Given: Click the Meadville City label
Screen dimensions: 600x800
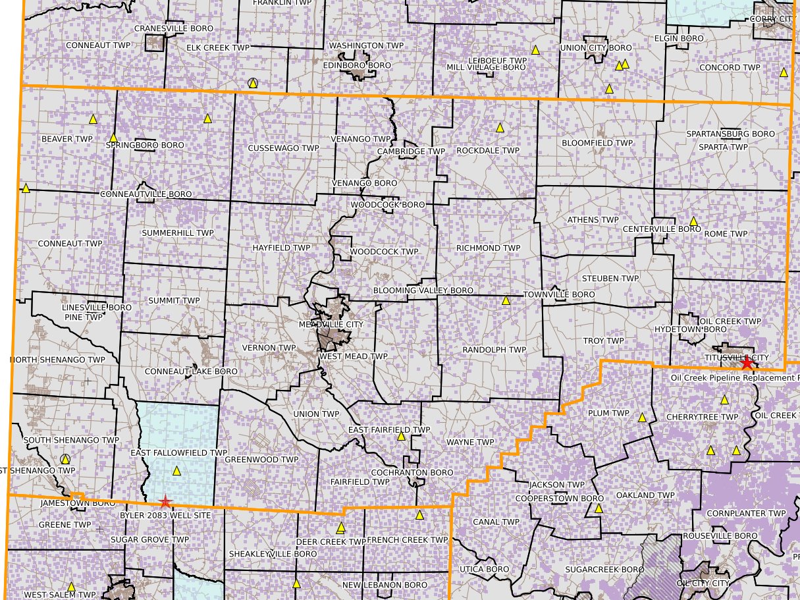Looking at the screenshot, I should (331, 325).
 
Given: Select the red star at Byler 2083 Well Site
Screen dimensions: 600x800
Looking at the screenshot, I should (165, 502).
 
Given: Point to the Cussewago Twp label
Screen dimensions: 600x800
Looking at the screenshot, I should (283, 148).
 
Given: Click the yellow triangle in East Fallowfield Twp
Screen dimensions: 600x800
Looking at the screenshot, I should (176, 471).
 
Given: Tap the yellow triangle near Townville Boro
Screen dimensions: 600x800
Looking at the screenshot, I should (506, 300).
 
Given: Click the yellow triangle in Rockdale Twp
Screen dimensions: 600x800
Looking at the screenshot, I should (500, 127).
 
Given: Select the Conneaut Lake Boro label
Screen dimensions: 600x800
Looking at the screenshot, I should (191, 371).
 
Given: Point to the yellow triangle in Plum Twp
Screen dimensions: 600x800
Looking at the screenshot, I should (642, 418).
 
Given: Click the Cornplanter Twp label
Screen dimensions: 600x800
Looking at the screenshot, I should (746, 513).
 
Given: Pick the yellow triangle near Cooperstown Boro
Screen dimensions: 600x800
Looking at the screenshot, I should (599, 508).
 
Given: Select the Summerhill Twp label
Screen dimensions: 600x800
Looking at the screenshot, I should (178, 233).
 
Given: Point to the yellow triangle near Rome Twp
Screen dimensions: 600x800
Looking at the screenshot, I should (693, 221).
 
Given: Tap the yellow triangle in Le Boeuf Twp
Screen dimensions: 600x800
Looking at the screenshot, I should (535, 49).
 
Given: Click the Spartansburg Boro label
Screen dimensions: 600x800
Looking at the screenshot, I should (730, 134).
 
